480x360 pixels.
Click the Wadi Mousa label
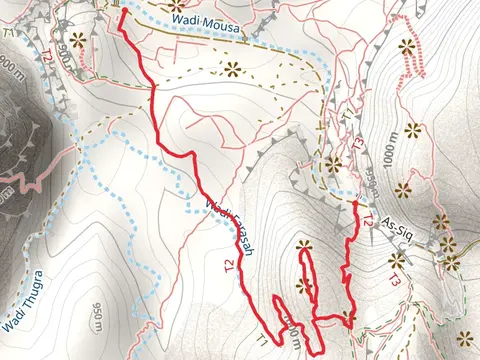pos(206,24)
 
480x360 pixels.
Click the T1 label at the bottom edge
pos(262,341)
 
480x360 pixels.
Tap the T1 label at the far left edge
pos(8,33)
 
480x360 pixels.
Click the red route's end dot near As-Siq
pos(355,203)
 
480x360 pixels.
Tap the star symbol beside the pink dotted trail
pos(406,45)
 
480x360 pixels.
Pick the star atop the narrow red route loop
pos(304,246)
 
